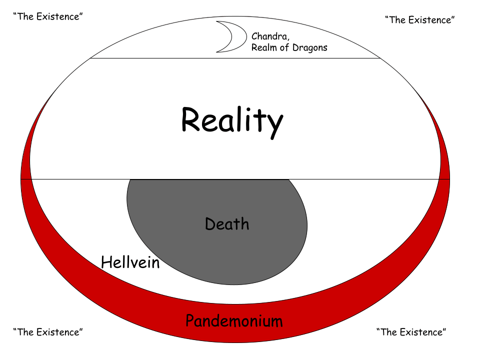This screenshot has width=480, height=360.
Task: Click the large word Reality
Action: (x=231, y=120)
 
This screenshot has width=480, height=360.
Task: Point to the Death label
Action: (x=227, y=223)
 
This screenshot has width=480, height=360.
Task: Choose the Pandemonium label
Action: (x=234, y=320)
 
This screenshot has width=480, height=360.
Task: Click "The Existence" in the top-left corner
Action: (x=48, y=16)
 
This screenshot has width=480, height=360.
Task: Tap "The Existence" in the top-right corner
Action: (x=419, y=20)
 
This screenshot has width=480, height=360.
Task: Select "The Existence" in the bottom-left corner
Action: (x=48, y=331)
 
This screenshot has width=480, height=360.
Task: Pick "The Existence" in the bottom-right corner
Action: (x=411, y=331)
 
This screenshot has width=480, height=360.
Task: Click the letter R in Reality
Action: (x=190, y=120)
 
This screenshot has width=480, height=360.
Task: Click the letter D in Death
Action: (x=210, y=223)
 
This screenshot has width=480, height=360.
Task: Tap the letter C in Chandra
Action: (x=254, y=36)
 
